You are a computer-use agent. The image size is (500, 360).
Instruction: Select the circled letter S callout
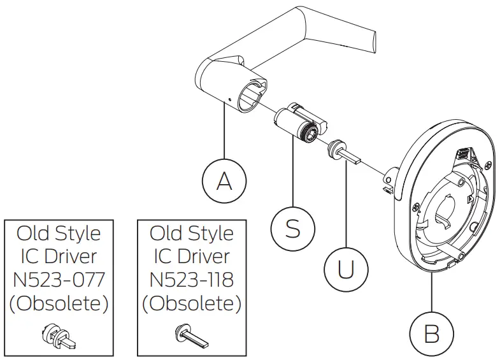(292, 228)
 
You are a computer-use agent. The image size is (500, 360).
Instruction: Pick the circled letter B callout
(431, 332)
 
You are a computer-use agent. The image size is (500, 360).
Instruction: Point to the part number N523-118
(191, 279)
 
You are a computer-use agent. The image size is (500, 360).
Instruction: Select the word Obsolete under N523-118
(191, 303)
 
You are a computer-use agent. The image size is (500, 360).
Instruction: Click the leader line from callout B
(431, 293)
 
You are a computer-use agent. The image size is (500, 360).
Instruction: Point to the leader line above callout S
(292, 172)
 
